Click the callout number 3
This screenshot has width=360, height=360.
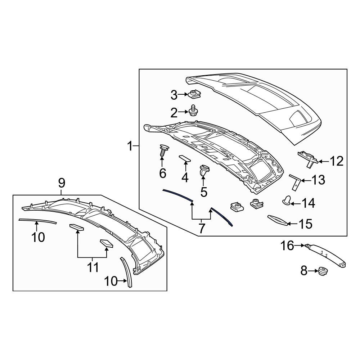pos(174,95)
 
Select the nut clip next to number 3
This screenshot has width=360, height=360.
pos(194,95)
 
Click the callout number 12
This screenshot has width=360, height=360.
pos(337,161)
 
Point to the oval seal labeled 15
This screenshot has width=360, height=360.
pos(277,220)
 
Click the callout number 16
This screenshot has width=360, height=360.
pos(287,246)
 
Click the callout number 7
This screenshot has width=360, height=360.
pos(201,228)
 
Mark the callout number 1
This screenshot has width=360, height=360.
pos(130,146)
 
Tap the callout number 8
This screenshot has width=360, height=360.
pos(304,271)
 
